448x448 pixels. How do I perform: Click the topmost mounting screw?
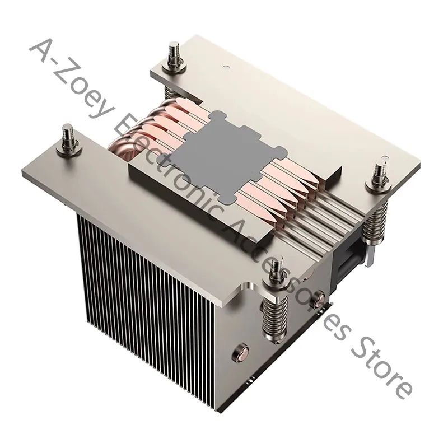[174, 59]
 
